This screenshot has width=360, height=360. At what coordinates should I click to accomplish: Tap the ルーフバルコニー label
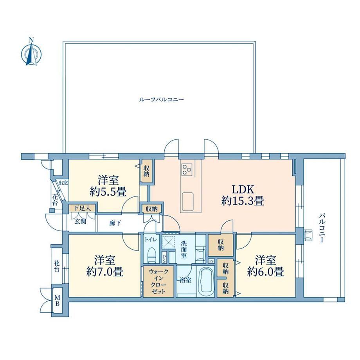click(161, 100)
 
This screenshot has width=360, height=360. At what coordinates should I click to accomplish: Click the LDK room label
click(243, 190)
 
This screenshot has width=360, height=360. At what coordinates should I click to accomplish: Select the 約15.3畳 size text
click(243, 202)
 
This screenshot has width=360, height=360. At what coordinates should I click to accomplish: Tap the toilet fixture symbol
click(152, 255)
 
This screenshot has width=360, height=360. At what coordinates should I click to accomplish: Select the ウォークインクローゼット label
click(158, 281)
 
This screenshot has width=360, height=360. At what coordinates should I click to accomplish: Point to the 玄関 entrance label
click(80, 222)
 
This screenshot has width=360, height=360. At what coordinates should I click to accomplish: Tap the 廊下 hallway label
click(115, 223)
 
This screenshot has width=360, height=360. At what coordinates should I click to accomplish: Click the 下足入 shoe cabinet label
click(82, 209)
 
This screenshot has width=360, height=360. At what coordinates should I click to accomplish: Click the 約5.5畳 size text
click(108, 192)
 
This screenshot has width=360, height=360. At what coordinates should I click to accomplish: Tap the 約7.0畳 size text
click(105, 272)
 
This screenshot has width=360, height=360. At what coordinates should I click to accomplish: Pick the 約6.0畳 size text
click(266, 272)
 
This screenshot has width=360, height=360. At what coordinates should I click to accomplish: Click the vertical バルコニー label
click(322, 228)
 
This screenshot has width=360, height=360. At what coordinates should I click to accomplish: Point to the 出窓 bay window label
click(63, 183)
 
